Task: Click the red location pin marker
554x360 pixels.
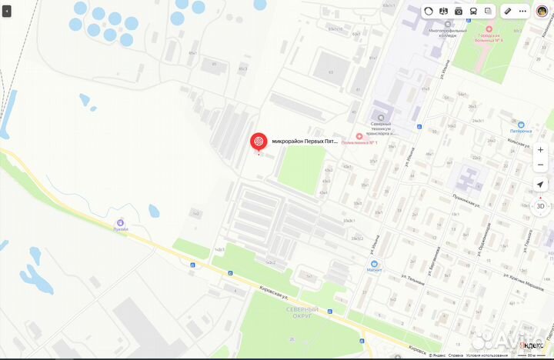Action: click(x=259, y=142)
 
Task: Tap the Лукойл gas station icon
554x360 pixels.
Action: click(x=120, y=223)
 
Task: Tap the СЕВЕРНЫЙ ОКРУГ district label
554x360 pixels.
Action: click(x=302, y=313)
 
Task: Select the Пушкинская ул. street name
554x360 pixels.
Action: click(x=467, y=202)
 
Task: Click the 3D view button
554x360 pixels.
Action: click(x=540, y=206)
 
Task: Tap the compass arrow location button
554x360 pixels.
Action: click(x=540, y=185)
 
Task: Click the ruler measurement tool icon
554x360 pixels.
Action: click(x=507, y=11)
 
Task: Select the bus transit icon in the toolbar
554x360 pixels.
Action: click(x=473, y=11)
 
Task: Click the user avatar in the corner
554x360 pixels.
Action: click(x=542, y=11)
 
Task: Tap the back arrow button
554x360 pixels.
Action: click(x=7, y=12)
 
